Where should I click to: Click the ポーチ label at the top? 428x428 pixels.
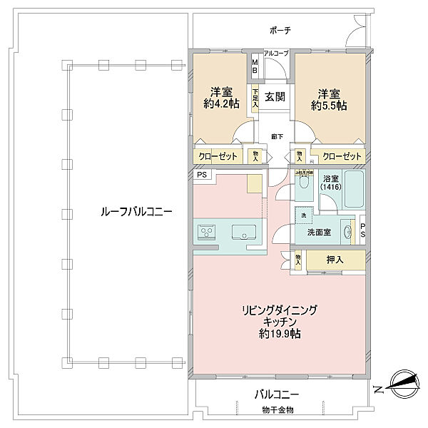pyautogui.click(x=280, y=31)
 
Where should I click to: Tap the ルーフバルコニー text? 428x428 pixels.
pyautogui.click(x=126, y=213)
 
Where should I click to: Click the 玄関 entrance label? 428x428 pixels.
pyautogui.click(x=276, y=97)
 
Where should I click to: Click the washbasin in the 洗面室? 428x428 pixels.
pyautogui.click(x=348, y=231)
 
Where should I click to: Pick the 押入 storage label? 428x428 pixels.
pyautogui.click(x=334, y=260)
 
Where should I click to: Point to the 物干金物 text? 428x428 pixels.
pyautogui.click(x=277, y=409)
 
